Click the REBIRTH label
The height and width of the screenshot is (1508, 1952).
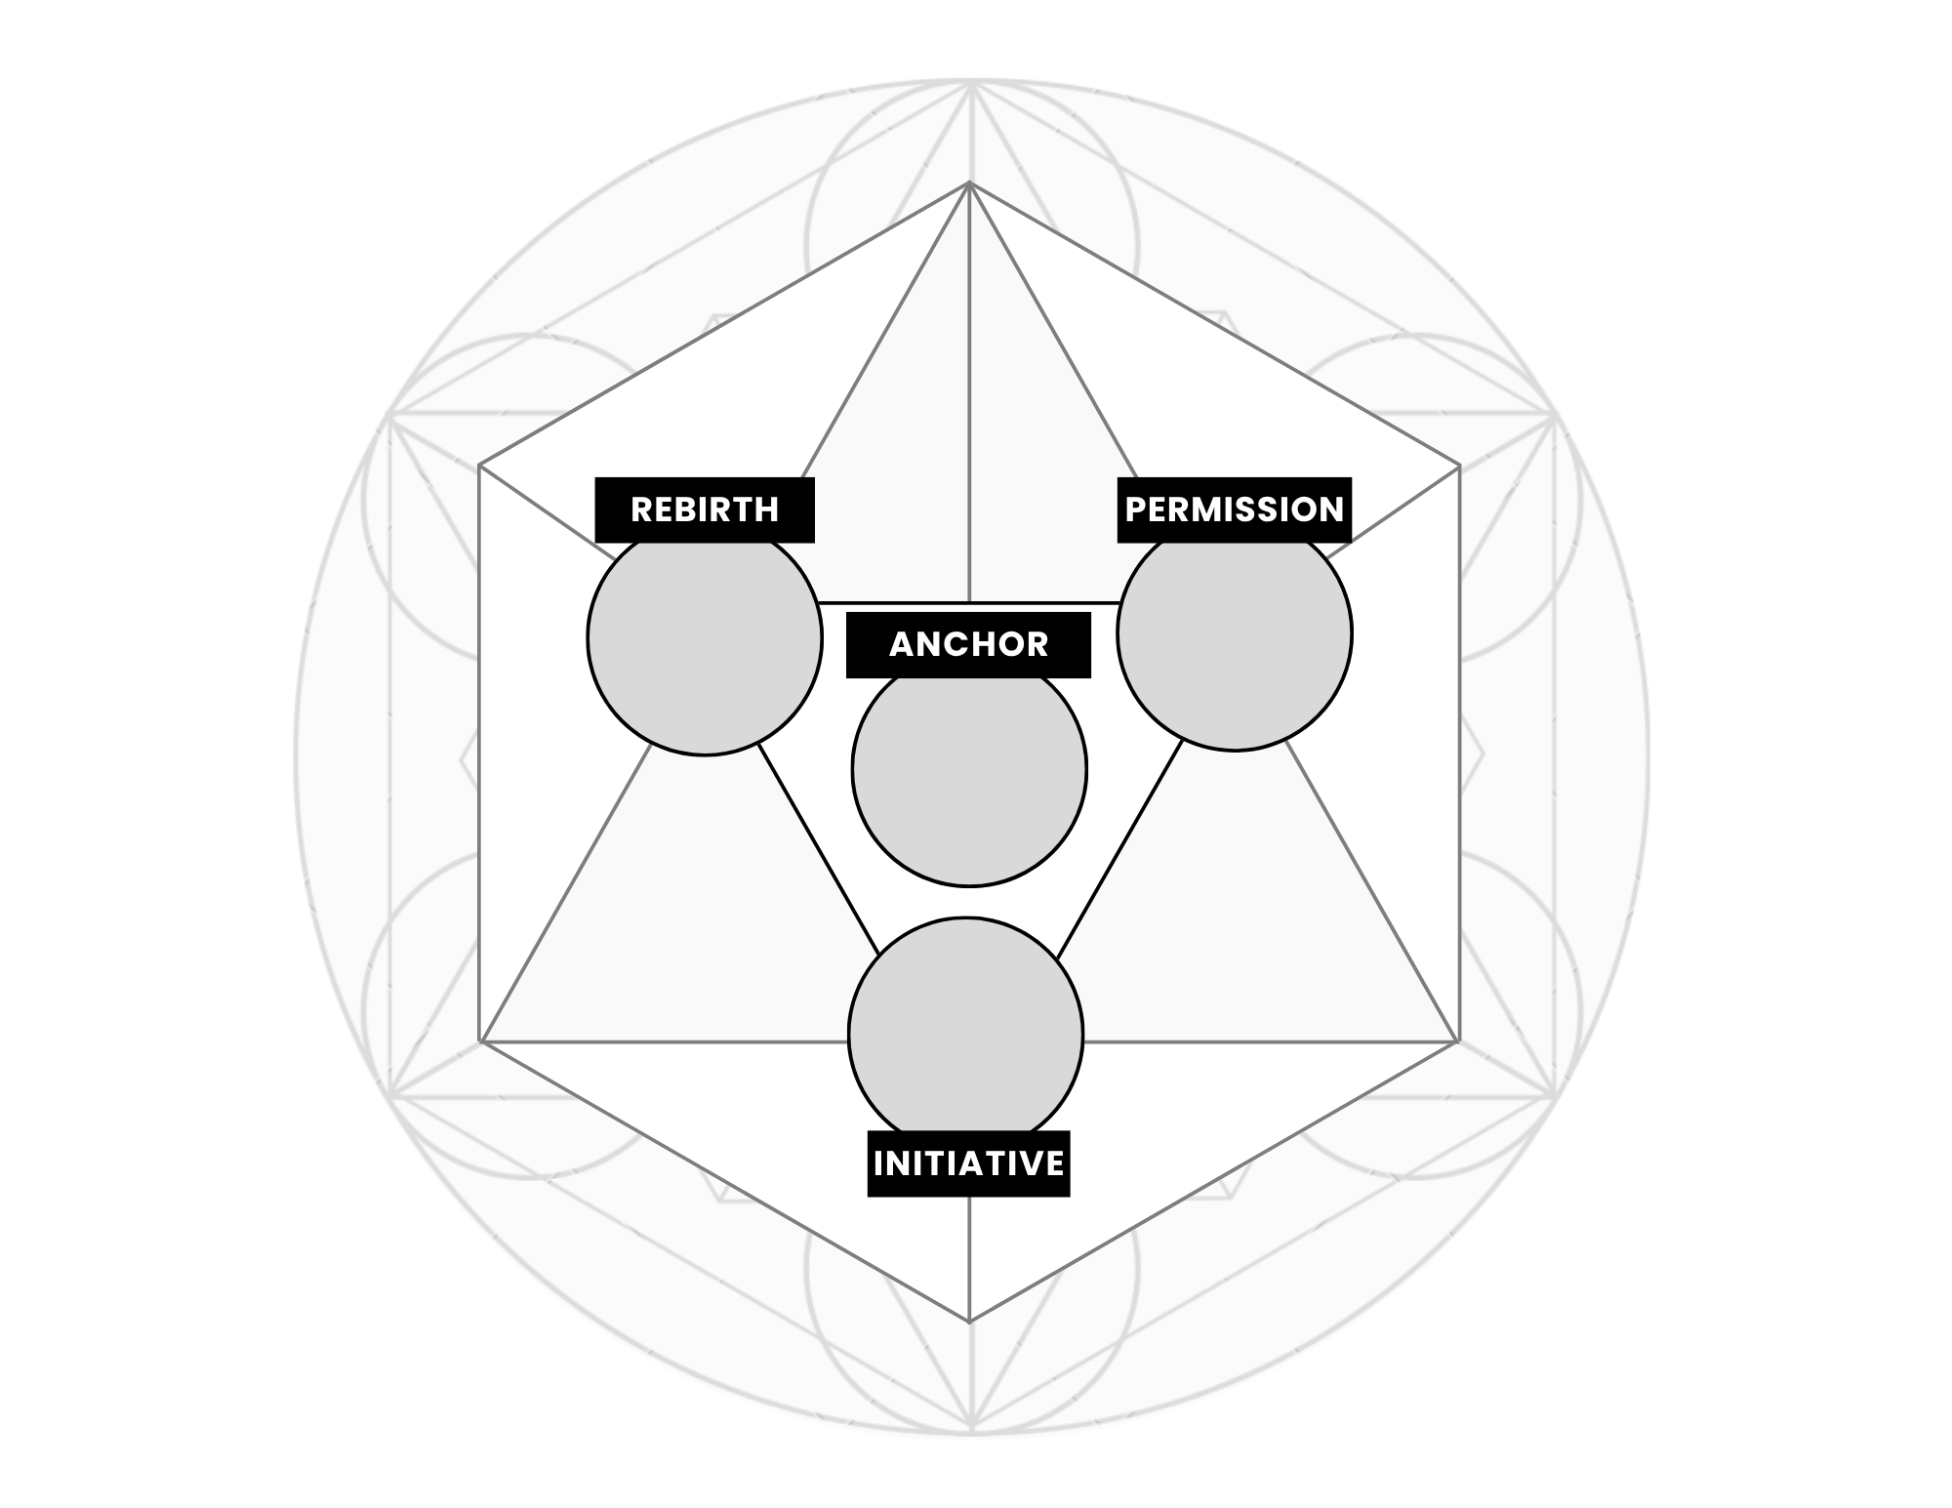point(705,509)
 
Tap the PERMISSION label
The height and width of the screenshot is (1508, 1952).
point(1235,509)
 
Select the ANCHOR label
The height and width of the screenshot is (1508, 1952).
point(968,644)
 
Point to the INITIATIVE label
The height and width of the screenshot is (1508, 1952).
point(968,1163)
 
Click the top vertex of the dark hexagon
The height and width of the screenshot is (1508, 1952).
point(969,183)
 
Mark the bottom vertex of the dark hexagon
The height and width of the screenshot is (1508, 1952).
point(969,1323)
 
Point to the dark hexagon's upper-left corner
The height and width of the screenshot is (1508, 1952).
point(480,467)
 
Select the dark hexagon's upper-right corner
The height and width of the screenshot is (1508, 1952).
point(1459,467)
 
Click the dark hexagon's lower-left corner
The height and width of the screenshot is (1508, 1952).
point(480,1041)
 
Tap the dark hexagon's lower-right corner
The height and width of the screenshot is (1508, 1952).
point(1458,1041)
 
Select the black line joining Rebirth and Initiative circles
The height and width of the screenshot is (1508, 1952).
point(818,847)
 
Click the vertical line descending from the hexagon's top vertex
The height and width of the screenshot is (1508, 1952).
point(969,390)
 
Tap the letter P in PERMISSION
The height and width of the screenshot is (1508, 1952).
point(1135,509)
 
